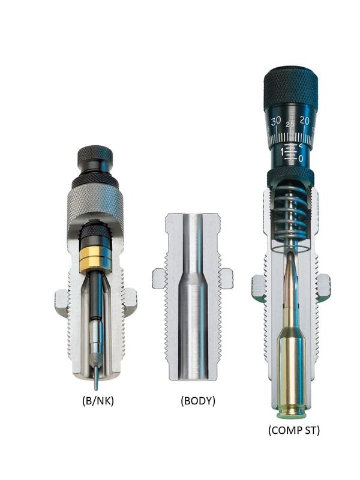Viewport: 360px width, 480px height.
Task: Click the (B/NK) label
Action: coord(98,401)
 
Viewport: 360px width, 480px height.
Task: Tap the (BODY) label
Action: coord(198,401)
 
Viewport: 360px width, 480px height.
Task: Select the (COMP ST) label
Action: coord(294,430)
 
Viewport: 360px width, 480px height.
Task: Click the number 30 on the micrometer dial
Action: coord(276,121)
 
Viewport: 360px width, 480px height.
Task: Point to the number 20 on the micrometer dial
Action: coord(304,121)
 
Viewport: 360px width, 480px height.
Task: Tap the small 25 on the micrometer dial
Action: coord(290,124)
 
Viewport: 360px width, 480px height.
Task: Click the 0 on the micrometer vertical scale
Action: coord(301,158)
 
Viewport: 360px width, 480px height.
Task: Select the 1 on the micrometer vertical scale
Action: coord(282,152)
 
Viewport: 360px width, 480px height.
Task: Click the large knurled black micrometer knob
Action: coord(290,89)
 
